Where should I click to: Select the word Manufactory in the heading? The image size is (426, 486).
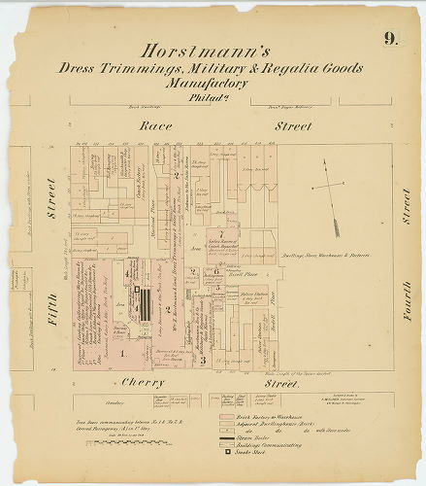212,85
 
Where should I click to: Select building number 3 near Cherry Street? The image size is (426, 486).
204,358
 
